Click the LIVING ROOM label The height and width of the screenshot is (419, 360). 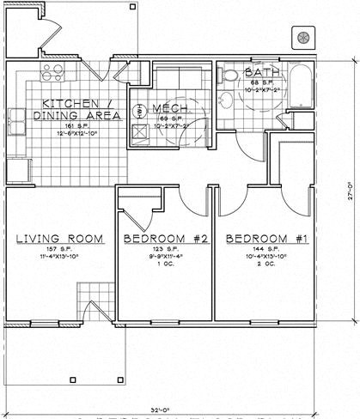(60, 239)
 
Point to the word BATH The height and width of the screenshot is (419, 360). (260, 72)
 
